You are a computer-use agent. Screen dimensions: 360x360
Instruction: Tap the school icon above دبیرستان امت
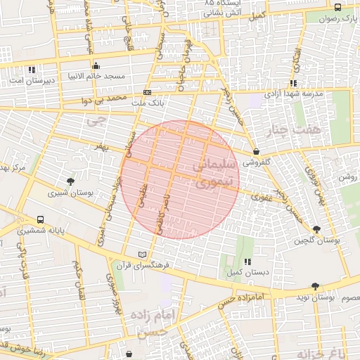coord(32,70)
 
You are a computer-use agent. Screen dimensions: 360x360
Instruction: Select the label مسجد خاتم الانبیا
coord(96,75)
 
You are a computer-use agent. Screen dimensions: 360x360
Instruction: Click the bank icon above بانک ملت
coord(147,92)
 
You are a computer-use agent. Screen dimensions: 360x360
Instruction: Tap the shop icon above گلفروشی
coord(256,151)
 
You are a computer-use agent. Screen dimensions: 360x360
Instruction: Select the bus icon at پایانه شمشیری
coord(39,219)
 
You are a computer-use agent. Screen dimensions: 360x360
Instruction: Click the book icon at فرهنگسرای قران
coord(143,254)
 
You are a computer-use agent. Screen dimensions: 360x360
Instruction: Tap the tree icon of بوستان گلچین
coord(316,229)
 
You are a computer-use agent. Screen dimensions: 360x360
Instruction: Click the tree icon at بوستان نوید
coord(314,286)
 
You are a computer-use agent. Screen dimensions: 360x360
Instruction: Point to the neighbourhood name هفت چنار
coord(293,129)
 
